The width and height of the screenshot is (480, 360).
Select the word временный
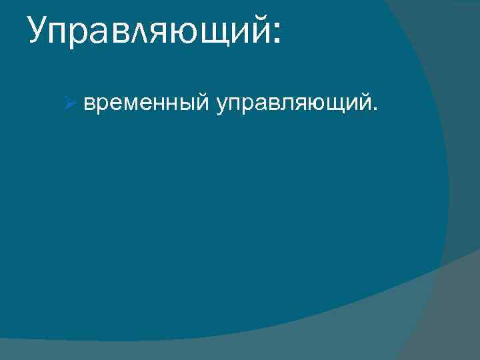click(146, 103)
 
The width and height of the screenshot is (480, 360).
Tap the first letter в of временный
click(89, 103)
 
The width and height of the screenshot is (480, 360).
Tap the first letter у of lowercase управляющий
click(219, 105)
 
